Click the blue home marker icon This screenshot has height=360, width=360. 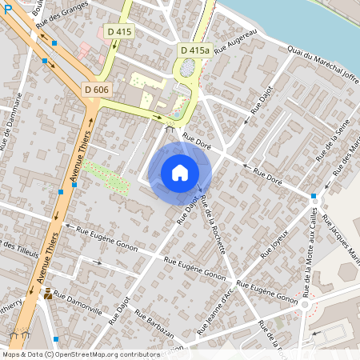pos(180,173)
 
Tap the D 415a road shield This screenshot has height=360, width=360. pos(194,50)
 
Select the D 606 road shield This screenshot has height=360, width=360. pos(97,90)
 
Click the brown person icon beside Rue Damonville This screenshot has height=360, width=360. pos(49,294)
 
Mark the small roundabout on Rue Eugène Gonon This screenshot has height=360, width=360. pos(305,304)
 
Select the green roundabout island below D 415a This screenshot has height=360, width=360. pos(188,70)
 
